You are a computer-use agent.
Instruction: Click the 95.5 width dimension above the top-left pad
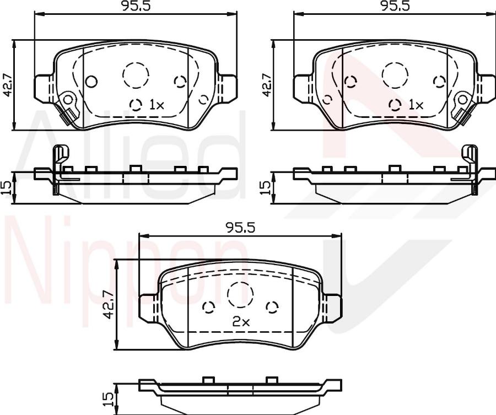pyautogui.click(x=136, y=6)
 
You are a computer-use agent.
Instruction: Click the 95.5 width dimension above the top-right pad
pyautogui.click(x=395, y=6)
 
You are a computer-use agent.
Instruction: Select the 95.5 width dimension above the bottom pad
pyautogui.click(x=240, y=228)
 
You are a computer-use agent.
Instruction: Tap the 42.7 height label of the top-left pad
pyautogui.click(x=7, y=85)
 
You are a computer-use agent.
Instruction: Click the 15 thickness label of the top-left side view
pyautogui.click(x=7, y=187)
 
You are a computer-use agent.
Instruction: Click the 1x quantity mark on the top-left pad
pyautogui.click(x=157, y=105)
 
